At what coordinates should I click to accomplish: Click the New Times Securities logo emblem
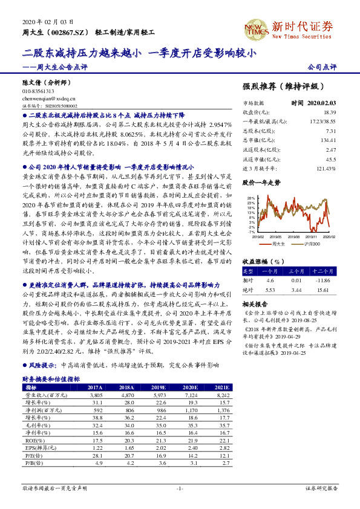[253, 28]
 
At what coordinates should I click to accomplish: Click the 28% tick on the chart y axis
[250, 198]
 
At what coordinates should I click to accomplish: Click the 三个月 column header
[296, 271]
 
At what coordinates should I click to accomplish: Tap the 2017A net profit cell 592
[96, 410]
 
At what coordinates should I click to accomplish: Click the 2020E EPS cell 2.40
[192, 449]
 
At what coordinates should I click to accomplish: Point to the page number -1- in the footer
[180, 487]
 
